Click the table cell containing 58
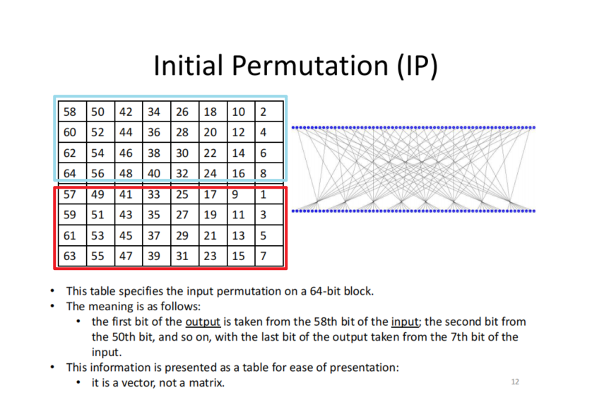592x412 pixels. tap(73, 112)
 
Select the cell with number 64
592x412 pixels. tap(73, 173)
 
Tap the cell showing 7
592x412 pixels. tap(269, 256)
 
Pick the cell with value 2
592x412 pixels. tap(269, 112)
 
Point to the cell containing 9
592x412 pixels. tap(242, 194)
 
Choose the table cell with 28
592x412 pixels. tap(185, 131)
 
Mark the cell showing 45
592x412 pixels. tap(129, 235)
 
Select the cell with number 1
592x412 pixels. tap(269, 194)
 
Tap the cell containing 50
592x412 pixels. tap(100, 112)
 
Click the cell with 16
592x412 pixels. tap(242, 173)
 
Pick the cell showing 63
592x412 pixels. tap(73, 256)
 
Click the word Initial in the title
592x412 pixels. tap(188, 65)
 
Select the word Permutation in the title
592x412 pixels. tap(310, 65)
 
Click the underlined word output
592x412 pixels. tap(203, 322)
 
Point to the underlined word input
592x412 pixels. tap(405, 322)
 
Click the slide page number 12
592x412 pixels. tap(515, 382)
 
